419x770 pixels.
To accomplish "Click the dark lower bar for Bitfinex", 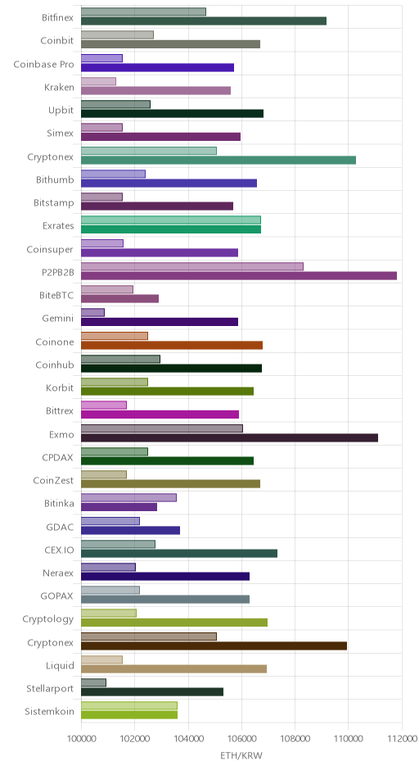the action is pyautogui.click(x=204, y=20).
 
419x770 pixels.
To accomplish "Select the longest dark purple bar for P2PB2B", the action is pyautogui.click(x=239, y=275).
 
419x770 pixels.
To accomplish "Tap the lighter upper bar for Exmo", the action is pyautogui.click(x=162, y=428).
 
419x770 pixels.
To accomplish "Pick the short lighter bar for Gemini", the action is pyautogui.click(x=92, y=312).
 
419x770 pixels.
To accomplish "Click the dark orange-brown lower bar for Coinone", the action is pyautogui.click(x=172, y=345).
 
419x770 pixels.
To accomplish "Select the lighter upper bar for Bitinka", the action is pyautogui.click(x=128, y=497).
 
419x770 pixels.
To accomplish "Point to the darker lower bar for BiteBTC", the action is pyautogui.click(x=119, y=298).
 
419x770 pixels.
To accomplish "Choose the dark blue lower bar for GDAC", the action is pyautogui.click(x=130, y=530).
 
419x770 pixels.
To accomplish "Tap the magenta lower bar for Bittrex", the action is pyautogui.click(x=160, y=414).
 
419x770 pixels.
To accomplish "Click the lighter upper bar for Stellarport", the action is pyautogui.click(x=93, y=682).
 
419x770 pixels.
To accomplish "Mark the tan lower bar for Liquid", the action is pyautogui.click(x=173, y=669).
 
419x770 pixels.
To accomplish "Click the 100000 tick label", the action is pyautogui.click(x=81, y=738).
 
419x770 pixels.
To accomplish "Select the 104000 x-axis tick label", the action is pyautogui.click(x=188, y=738).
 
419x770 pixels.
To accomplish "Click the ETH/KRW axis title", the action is pyautogui.click(x=241, y=756).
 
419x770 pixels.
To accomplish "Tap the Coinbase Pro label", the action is pyautogui.click(x=43, y=65).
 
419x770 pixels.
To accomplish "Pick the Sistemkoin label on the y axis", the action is pyautogui.click(x=50, y=712).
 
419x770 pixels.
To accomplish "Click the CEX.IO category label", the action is pyautogui.click(x=60, y=550).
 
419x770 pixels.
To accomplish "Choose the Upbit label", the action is pyautogui.click(x=61, y=111).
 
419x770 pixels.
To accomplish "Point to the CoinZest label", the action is pyautogui.click(x=53, y=481).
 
